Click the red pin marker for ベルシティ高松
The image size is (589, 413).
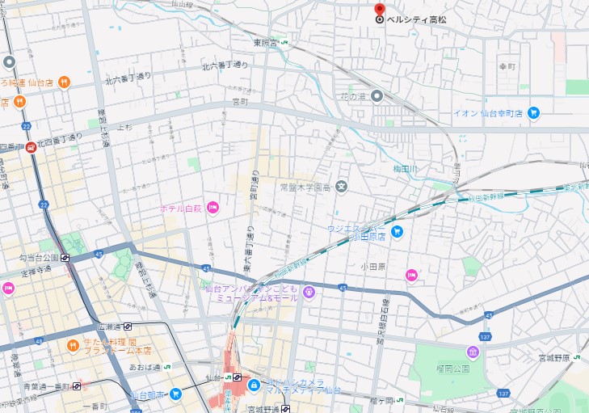[x=380, y=11]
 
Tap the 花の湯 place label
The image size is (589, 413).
[x=352, y=96]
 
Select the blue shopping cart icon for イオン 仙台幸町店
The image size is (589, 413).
[x=533, y=113]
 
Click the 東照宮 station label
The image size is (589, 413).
[x=264, y=42]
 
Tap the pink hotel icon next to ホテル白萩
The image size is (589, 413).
[x=212, y=208]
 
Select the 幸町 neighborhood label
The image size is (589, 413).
[x=507, y=66]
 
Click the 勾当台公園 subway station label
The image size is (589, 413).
[x=39, y=258]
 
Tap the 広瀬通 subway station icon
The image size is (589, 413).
[x=128, y=327]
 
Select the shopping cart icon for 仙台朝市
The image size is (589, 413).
[x=175, y=394]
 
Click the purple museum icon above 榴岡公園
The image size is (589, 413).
[x=473, y=352]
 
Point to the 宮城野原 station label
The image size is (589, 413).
[x=554, y=357]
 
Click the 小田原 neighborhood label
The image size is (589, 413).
[x=374, y=264]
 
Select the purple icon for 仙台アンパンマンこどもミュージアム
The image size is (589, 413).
[x=309, y=289]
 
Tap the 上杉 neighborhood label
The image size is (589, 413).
[x=124, y=127]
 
